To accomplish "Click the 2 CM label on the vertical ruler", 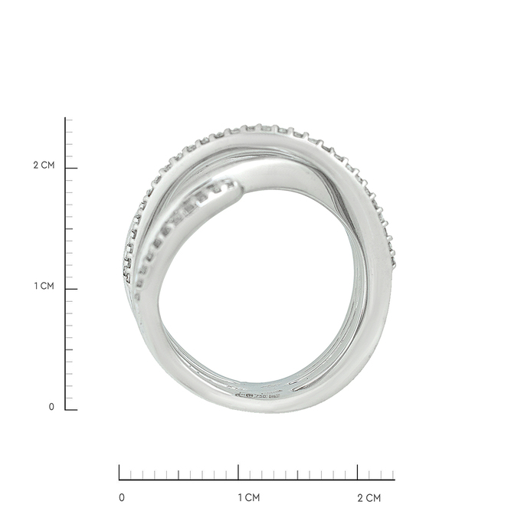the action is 44,165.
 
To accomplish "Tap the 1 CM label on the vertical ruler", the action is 44,286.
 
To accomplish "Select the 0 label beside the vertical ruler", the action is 51,407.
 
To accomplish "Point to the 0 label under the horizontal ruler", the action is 122,497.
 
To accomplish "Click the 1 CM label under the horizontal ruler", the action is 248,497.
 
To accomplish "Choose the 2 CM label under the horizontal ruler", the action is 369,497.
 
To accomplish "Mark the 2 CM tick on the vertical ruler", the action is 71,168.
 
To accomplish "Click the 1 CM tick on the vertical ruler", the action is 71,289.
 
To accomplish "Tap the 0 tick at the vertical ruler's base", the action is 71,410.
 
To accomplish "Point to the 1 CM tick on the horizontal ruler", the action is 238,472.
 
